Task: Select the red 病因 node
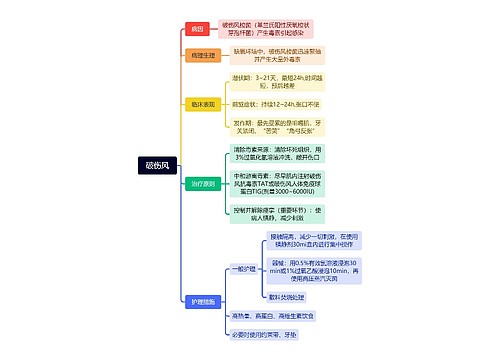(197, 29)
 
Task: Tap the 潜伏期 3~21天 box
(270, 80)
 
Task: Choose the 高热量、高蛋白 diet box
(273, 315)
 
